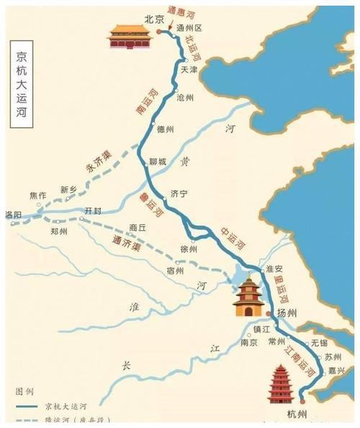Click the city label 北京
pyautogui.click(x=150, y=19)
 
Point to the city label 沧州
pyautogui.click(x=186, y=96)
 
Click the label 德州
pyautogui.click(x=166, y=129)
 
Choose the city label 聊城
pyautogui.click(x=158, y=162)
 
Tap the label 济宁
pyautogui.click(x=180, y=193)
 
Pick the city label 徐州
pyautogui.click(x=189, y=248)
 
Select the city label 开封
pyautogui.click(x=94, y=209)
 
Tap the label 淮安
pyautogui.click(x=276, y=268)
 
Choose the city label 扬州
pyautogui.click(x=287, y=314)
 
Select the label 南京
pyautogui.click(x=249, y=343)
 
